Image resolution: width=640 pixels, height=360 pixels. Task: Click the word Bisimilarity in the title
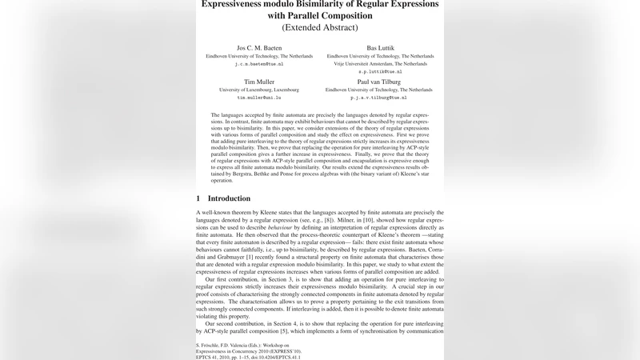[324, 4]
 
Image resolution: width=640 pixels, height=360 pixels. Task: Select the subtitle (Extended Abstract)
[320, 27]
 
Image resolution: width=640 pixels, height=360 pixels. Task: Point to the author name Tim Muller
[259, 82]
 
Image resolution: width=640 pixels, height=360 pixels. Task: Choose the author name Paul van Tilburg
[380, 82]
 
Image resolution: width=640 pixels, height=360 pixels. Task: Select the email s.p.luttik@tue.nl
[380, 71]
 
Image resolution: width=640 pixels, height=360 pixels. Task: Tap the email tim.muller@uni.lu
[259, 98]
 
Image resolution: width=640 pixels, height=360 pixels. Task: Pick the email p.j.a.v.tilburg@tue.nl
[380, 98]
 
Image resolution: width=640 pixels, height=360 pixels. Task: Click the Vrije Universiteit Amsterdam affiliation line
[380, 64]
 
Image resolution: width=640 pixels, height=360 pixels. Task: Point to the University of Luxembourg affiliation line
[259, 90]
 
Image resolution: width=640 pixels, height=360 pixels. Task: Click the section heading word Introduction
[229, 198]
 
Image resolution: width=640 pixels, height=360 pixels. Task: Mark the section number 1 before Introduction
[198, 198]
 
